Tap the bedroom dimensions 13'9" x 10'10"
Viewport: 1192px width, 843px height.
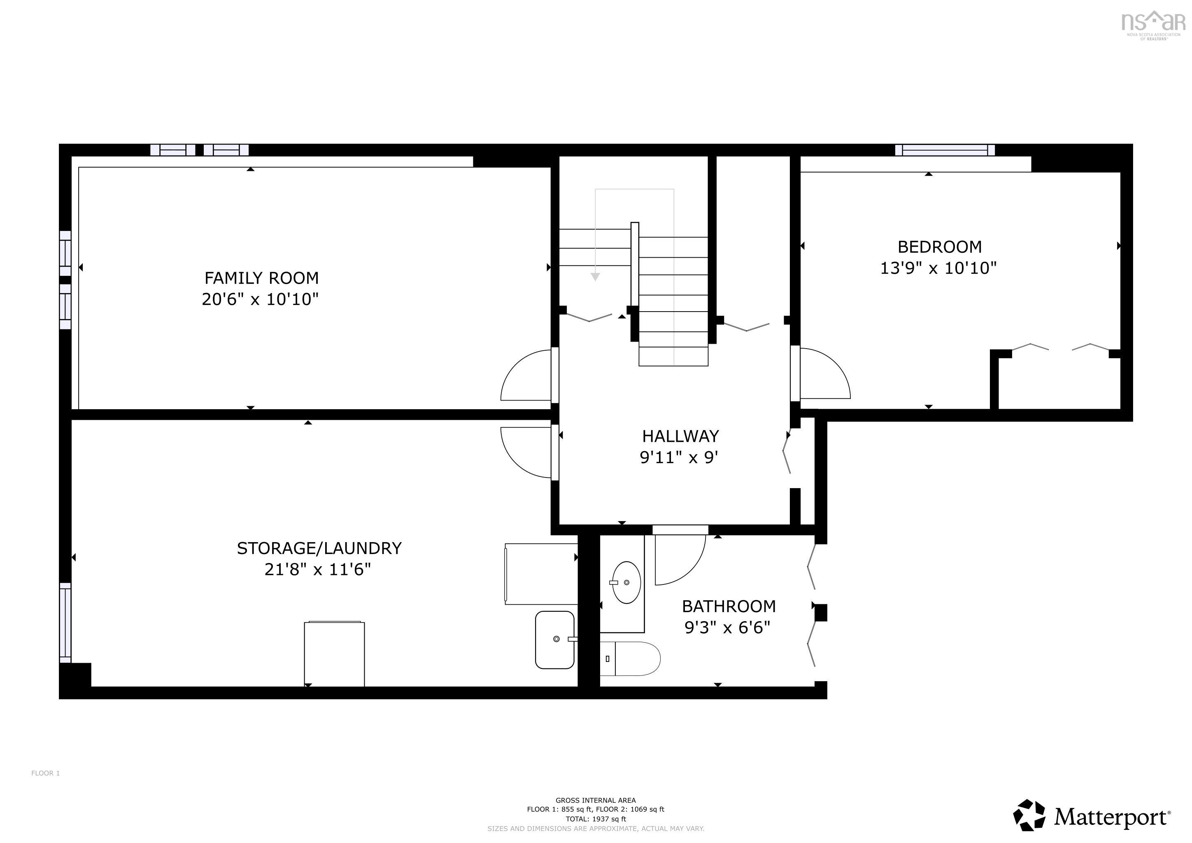(x=938, y=268)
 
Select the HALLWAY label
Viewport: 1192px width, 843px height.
(x=680, y=436)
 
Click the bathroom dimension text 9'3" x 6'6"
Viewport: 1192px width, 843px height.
(x=727, y=628)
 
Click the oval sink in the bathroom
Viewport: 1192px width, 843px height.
(x=626, y=582)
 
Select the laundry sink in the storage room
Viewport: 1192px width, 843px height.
(x=555, y=640)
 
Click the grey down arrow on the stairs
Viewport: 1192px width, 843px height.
(x=596, y=277)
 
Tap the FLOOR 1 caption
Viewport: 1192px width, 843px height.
(x=46, y=773)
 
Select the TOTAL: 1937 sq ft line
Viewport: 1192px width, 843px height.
(x=596, y=819)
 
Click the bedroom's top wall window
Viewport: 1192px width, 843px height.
(x=945, y=150)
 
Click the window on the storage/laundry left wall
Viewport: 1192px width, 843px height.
(x=65, y=622)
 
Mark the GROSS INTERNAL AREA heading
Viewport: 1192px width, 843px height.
(x=596, y=801)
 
